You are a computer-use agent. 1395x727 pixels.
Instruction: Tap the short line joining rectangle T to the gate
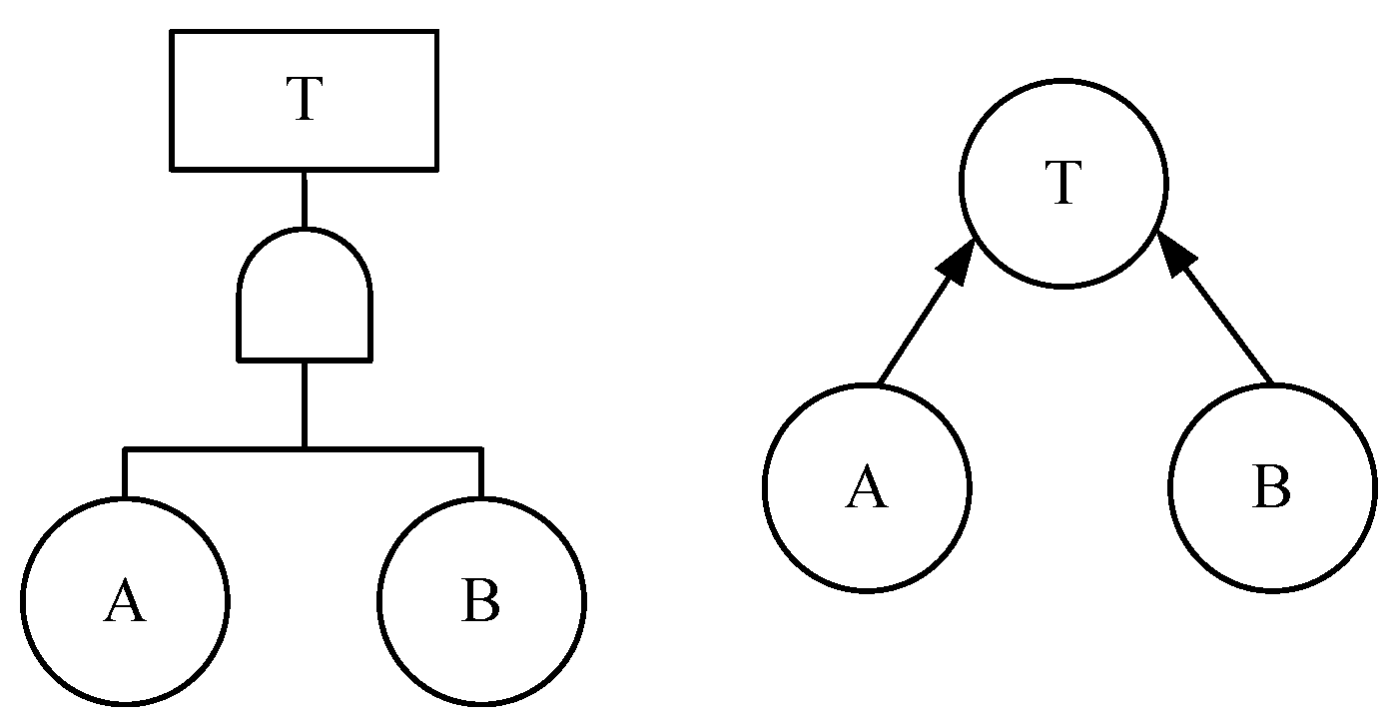(x=304, y=200)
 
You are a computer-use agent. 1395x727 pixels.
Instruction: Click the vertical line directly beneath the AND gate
(x=304, y=404)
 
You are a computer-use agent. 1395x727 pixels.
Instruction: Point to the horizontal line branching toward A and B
(x=304, y=448)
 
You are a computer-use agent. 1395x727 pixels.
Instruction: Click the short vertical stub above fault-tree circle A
(x=125, y=473)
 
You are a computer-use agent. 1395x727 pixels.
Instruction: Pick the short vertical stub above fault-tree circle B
(x=481, y=473)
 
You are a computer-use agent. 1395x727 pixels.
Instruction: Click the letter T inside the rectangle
(x=305, y=99)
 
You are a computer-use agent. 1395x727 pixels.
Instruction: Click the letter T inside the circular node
(x=1063, y=182)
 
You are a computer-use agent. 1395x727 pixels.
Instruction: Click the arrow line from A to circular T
(x=927, y=311)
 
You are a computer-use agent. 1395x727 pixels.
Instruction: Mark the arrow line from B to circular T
(x=1214, y=307)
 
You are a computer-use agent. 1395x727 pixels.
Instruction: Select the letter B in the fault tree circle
(x=480, y=600)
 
